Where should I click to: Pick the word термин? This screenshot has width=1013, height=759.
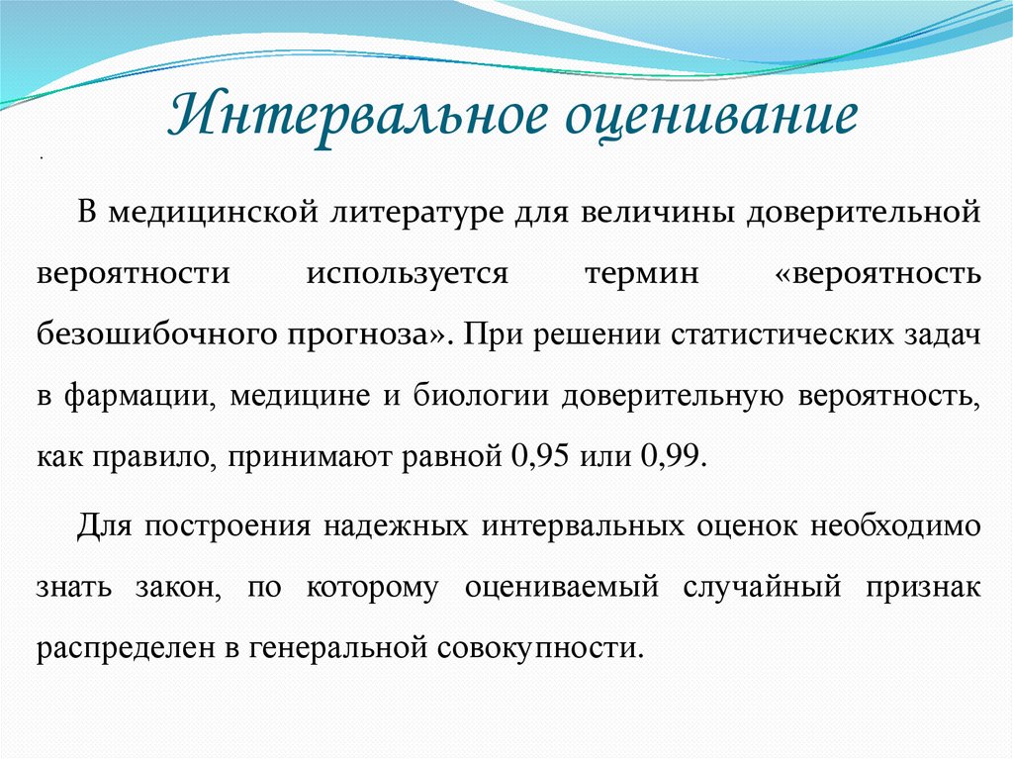tap(641, 273)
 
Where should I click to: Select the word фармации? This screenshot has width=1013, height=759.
tap(140, 396)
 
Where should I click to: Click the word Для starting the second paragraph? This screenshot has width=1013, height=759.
tap(101, 524)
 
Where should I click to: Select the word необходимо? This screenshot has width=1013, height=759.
tap(896, 524)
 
